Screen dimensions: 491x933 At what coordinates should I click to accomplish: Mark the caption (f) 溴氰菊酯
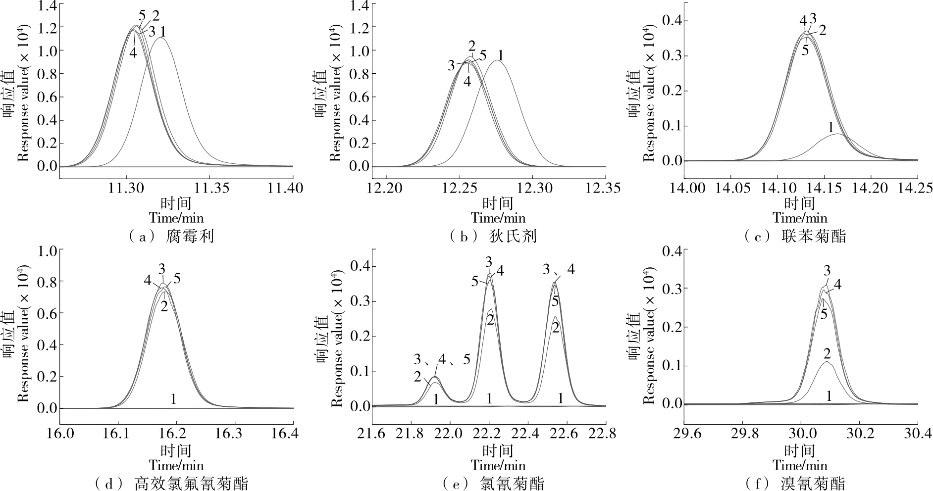[x=796, y=483]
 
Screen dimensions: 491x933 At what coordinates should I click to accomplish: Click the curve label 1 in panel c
[x=830, y=128]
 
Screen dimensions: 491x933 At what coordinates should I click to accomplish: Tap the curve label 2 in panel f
[x=827, y=353]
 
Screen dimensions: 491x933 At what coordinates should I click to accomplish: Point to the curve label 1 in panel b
[x=500, y=55]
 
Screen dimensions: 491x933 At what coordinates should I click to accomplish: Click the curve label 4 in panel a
[x=133, y=52]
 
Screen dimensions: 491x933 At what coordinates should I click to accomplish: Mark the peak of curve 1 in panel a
[x=160, y=38]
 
